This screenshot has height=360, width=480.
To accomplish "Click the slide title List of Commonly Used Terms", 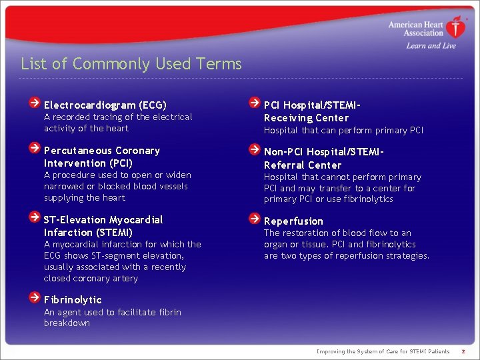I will pos(131,64).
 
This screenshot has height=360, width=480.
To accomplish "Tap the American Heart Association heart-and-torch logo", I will pos(456,27).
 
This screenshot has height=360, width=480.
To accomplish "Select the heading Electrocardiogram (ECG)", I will pos(105,105).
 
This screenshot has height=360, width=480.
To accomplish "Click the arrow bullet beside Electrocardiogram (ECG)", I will pos(34,103).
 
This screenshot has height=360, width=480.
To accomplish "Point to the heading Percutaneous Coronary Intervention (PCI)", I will pos(102,157).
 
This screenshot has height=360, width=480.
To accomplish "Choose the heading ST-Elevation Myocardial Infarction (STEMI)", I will pos(103,226).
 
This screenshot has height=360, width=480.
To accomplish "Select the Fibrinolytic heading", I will pos(73,300).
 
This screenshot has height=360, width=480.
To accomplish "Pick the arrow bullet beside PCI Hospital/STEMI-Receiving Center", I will pos(254,103).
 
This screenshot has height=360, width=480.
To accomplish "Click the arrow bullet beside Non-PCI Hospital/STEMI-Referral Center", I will pos(254,150).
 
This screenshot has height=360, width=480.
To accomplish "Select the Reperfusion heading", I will pos(293,221).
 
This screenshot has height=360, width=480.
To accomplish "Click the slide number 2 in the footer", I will pos(463,351).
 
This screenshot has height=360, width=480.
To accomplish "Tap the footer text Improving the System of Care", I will pos(383,351).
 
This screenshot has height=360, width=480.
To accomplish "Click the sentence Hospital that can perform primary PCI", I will pos(343,131).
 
